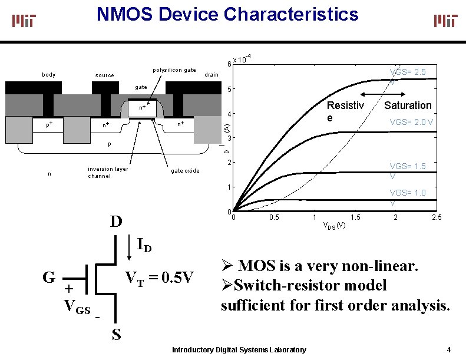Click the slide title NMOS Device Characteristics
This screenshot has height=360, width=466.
(x=227, y=14)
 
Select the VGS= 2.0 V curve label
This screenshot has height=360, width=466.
(x=412, y=123)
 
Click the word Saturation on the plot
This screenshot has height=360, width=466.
(x=408, y=105)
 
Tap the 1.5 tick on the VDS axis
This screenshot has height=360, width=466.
(x=355, y=218)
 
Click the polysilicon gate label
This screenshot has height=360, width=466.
(x=174, y=70)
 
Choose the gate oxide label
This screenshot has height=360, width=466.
(x=185, y=171)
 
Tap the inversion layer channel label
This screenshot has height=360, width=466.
(x=108, y=172)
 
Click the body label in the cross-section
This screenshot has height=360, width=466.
(x=49, y=75)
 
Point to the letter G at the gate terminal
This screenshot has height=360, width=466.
(x=49, y=276)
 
